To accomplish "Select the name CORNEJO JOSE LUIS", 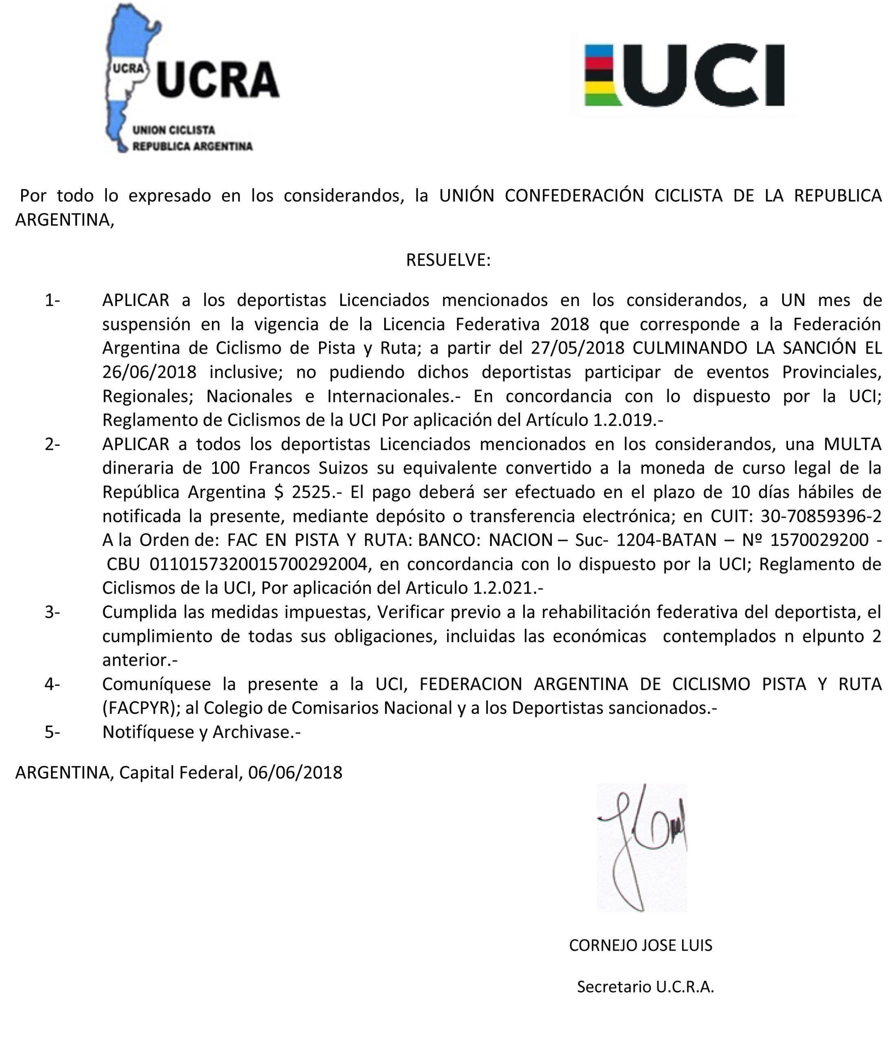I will (640, 945).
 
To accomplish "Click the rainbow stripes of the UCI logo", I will (599, 75).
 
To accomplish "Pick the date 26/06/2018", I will (149, 372).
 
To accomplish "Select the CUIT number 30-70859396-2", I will (821, 516).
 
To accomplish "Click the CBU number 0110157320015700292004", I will (258, 564).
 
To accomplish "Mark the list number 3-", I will (52, 612).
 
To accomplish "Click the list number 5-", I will (52, 732).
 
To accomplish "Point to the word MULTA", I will (852, 444).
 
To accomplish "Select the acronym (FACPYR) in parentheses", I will (141, 708).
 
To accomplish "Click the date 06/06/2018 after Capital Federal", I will (295, 772).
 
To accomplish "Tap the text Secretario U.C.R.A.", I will (645, 986).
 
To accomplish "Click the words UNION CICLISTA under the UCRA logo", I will (174, 130).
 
